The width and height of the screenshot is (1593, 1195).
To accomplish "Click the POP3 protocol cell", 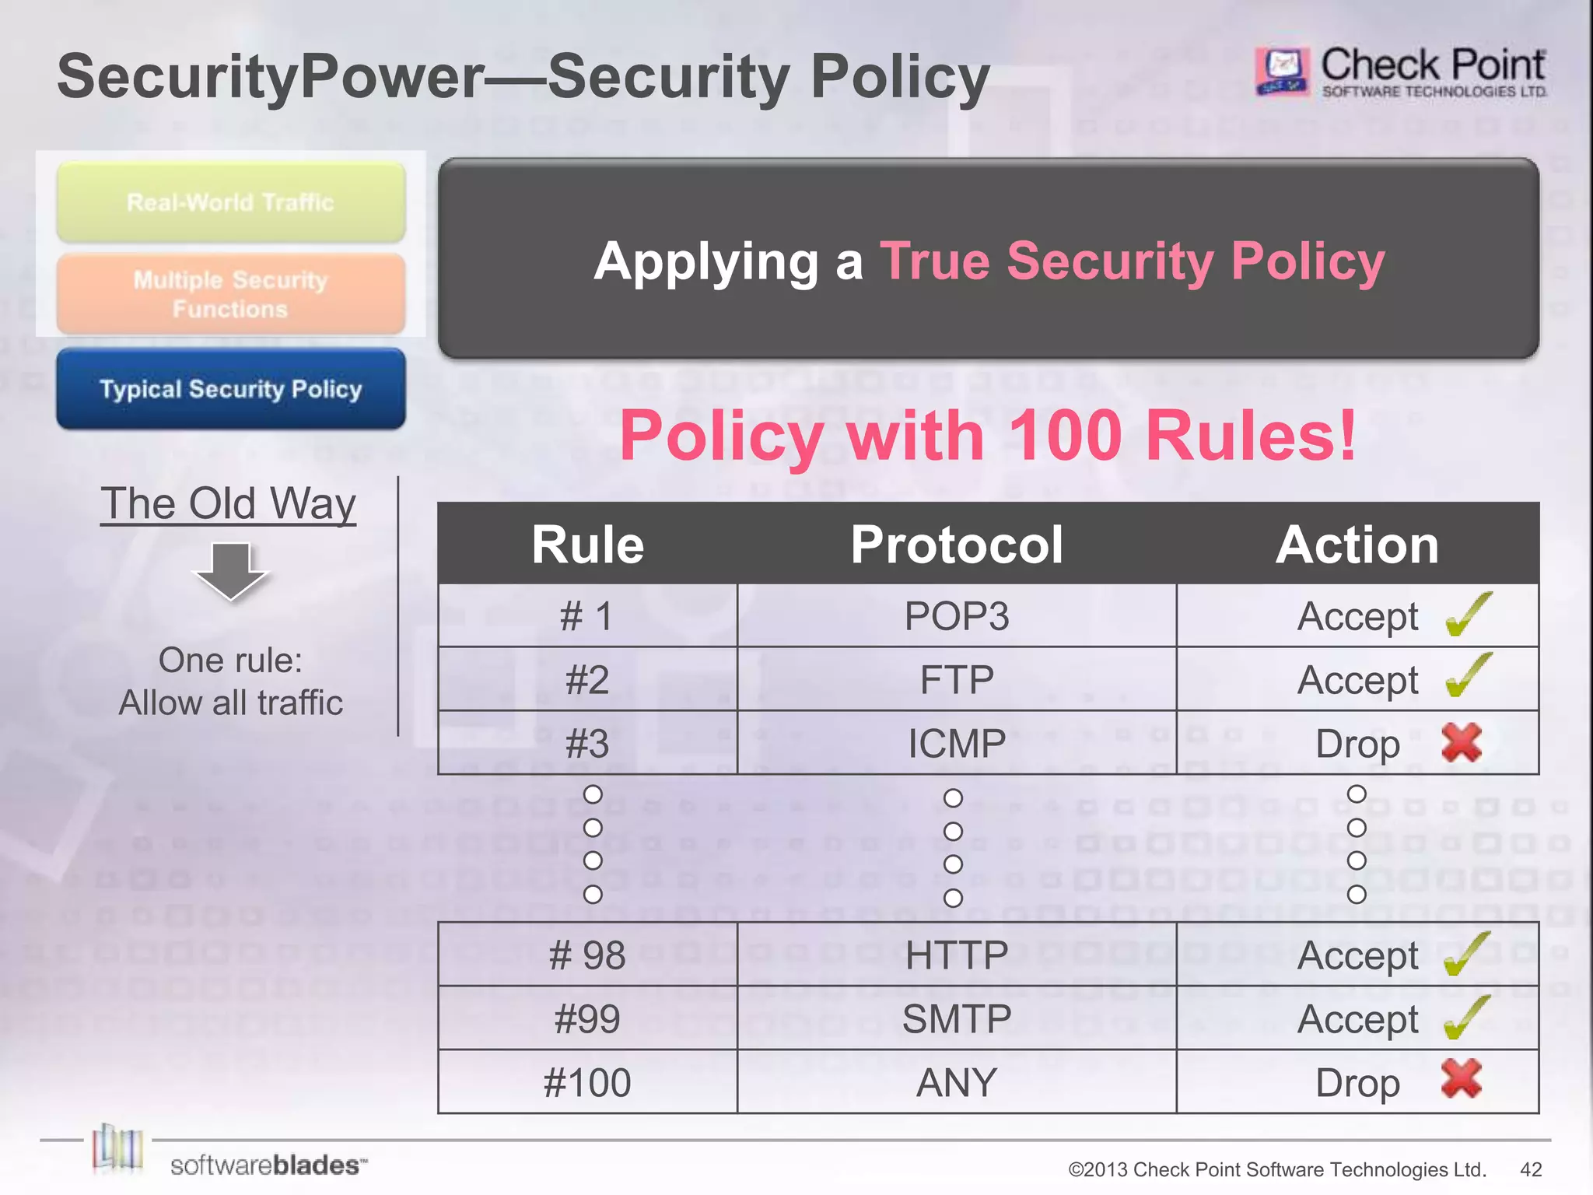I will tap(956, 616).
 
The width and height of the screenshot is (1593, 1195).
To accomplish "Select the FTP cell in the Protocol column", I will tap(956, 680).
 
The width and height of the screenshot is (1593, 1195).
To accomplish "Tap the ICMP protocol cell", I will tap(956, 744).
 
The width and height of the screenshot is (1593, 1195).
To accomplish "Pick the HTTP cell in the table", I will tap(956, 955).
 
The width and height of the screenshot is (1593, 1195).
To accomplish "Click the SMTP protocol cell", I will tap(956, 1019).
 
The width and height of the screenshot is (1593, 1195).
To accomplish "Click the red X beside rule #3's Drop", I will tap(1462, 742).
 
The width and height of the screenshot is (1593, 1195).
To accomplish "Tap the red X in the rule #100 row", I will tap(1462, 1079).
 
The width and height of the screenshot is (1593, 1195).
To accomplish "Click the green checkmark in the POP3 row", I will tap(1468, 614).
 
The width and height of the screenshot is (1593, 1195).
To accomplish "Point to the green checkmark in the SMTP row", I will tap(1466, 1017).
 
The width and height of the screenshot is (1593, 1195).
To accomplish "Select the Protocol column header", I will tap(956, 545).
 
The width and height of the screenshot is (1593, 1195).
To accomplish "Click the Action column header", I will tap(1357, 545).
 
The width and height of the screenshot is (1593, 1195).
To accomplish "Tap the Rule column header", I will tap(587, 545).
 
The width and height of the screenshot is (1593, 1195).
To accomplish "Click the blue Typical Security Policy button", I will tap(231, 389).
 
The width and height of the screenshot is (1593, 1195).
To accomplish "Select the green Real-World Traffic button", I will tap(231, 202).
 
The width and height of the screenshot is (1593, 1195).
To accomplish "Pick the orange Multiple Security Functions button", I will tap(231, 294).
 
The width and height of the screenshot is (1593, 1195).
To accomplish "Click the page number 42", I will tap(1531, 1169).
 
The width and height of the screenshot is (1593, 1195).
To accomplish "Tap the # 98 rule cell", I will tap(587, 955).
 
